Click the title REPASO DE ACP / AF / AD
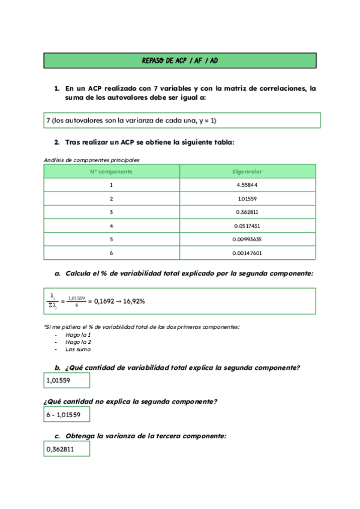[180, 61]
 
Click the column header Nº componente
[112, 172]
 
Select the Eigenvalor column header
[247, 172]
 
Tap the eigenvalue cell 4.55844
[247, 185]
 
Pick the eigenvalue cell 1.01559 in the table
[247, 199]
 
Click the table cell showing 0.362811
[247, 212]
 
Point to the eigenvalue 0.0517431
[247, 226]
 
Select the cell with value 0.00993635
[247, 239]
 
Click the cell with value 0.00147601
[247, 253]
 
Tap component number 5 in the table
[112, 239]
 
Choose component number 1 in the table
[112, 185]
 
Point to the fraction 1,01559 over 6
[76, 301]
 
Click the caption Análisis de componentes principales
[92, 160]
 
